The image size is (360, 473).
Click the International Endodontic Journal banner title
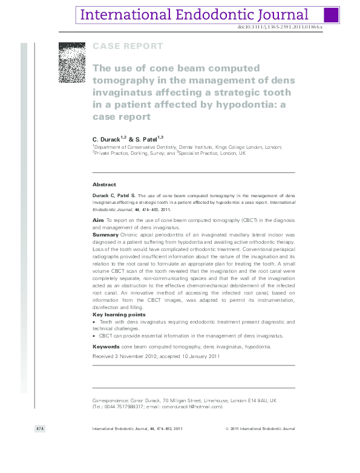pos(194,15)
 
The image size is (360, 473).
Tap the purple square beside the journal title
pos(331,15)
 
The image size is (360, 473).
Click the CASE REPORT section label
pos(127,46)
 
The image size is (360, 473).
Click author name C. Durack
pos(106,139)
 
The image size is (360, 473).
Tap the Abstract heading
pos(104,184)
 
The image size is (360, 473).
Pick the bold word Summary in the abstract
pos(105,233)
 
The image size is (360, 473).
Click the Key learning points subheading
pos(119,315)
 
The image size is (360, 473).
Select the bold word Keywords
pos(105,347)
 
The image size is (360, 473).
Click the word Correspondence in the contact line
pos(110,400)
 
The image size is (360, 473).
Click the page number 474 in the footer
pos(41,429)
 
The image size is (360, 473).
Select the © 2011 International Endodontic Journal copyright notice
pos(260,429)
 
